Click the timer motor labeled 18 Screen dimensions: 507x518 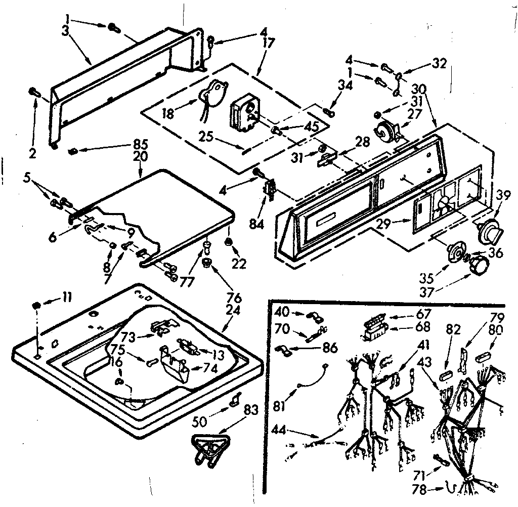[x=212, y=94]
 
